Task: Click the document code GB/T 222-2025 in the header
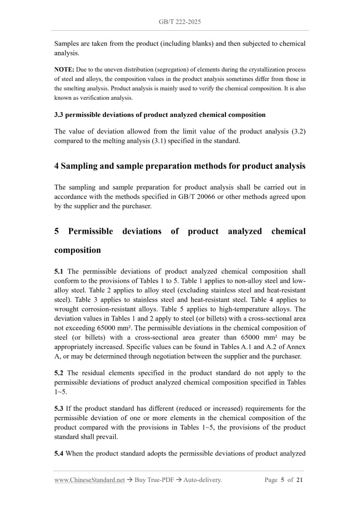[x=180, y=22]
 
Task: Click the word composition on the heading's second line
[x=77, y=250]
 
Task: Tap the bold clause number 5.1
[x=60, y=271]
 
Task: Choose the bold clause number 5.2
[x=60, y=373]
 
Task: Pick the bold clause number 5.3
[x=60, y=409]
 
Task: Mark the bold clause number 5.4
[x=60, y=453]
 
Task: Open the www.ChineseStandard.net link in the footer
[x=89, y=480]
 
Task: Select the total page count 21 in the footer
[x=299, y=480]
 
